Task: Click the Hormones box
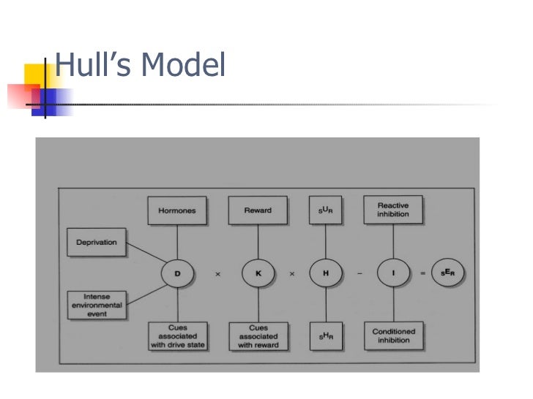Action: pos(176,210)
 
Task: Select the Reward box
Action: pos(257,210)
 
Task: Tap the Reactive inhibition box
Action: pos(393,210)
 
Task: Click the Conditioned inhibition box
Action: pos(393,335)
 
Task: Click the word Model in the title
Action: pos(184,68)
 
